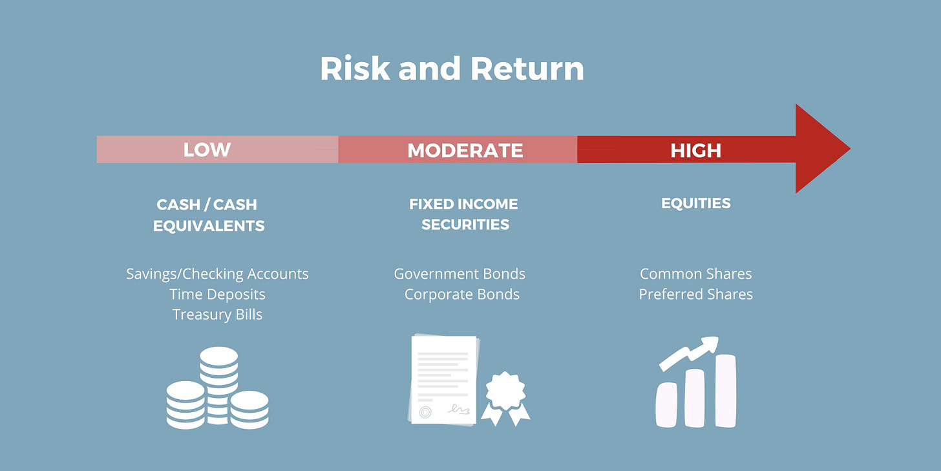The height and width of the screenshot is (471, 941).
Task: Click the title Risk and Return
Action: [452, 69]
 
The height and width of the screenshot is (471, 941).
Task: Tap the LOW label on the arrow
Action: [207, 150]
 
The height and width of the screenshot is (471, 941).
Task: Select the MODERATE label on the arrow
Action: [465, 150]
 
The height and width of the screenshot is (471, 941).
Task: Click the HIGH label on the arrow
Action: [695, 150]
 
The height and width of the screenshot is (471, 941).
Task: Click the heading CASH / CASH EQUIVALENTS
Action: [208, 215]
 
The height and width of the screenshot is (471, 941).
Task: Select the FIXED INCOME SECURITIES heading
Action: [464, 214]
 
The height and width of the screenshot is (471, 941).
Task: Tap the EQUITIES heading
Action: [695, 203]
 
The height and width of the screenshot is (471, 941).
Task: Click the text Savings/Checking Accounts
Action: [217, 274]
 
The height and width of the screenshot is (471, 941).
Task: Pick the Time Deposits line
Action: [217, 294]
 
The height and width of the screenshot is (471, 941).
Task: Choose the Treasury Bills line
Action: [217, 315]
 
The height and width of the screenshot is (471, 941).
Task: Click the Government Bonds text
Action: [460, 274]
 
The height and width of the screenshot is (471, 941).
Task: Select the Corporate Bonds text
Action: [461, 294]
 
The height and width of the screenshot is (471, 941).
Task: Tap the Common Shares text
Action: [695, 274]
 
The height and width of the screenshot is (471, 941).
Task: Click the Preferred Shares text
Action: [695, 294]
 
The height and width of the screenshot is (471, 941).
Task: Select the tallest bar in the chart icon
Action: [725, 391]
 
